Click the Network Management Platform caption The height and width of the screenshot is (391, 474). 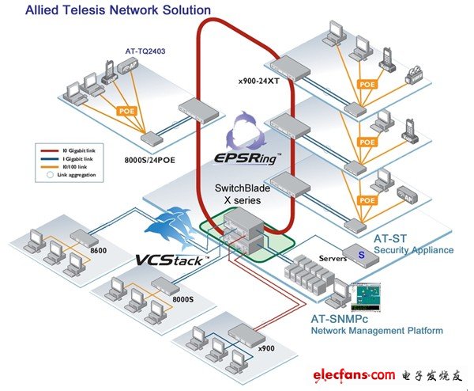(x=376, y=330)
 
